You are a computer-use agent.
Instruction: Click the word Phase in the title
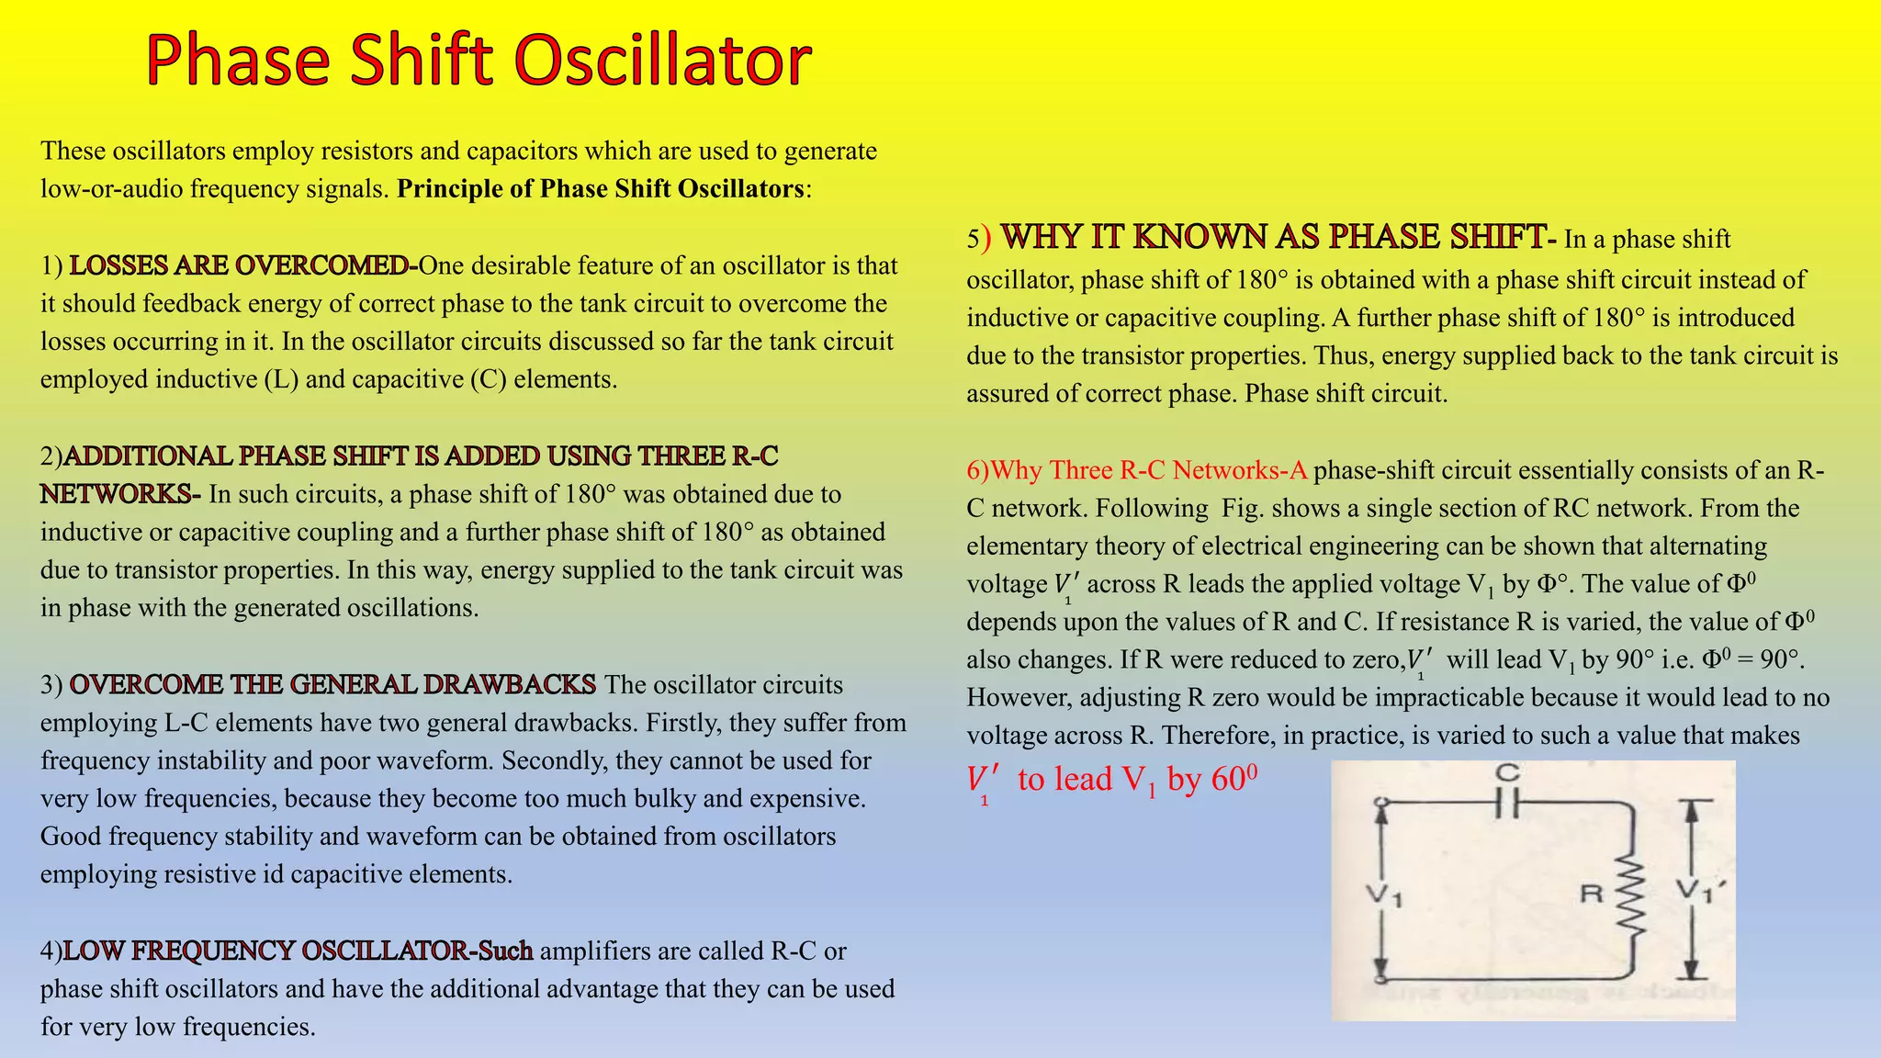point(238,61)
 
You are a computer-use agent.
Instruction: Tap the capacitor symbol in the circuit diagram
point(1507,805)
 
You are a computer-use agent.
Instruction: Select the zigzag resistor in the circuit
point(1631,898)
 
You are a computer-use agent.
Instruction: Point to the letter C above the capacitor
point(1507,773)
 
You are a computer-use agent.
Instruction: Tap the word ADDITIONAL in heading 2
point(148,456)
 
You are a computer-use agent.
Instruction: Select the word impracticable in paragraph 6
point(1449,698)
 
